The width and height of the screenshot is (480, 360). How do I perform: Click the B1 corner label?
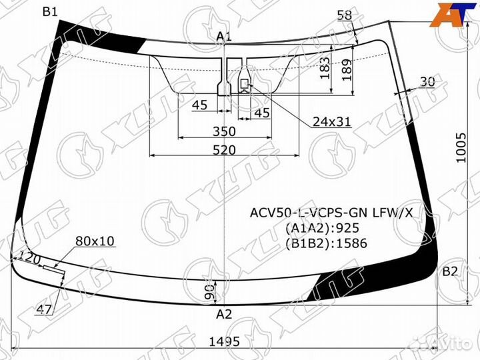tap(50, 11)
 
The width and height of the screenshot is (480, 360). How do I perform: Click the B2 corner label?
tap(451, 271)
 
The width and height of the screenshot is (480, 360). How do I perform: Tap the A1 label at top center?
tap(223, 37)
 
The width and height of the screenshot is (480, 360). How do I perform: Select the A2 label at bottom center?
tap(224, 314)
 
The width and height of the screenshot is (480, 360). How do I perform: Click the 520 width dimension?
tap(224, 150)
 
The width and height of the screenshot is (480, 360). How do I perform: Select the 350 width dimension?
tap(224, 131)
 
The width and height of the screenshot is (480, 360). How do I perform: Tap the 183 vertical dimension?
tap(325, 67)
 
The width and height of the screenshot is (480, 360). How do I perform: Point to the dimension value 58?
tap(345, 15)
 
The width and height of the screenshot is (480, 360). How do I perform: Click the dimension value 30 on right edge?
tap(427, 81)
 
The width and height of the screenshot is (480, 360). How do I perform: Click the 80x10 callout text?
tap(95, 240)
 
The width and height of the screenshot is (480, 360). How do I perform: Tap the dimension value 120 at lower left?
tap(29, 257)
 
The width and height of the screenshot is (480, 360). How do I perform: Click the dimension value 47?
tap(45, 308)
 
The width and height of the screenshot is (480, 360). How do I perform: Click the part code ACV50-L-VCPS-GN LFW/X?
tap(331, 213)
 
